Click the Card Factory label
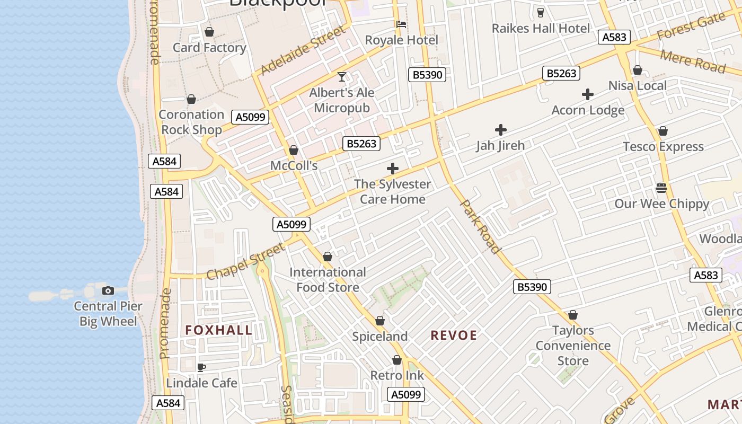pos(209,48)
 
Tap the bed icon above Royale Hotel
pos(401,24)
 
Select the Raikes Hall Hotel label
pos(541,29)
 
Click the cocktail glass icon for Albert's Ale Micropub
pos(342,77)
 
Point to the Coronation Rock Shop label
pos(191,122)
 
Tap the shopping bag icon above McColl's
pos(294,151)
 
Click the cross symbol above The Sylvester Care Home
pos(393,169)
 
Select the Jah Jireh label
pos(500,145)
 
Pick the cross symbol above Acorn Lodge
pos(588,95)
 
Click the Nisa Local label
pos(637,85)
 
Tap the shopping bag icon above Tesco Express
pos(663,131)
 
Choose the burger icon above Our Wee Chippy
pos(661,188)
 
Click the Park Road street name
pos(480,226)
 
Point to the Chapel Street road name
pos(245,261)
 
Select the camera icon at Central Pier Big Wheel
pos(108,290)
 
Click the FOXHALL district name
pos(218,330)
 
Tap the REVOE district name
pos(454,335)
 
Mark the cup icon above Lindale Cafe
pos(201,367)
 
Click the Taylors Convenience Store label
pos(573,346)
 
